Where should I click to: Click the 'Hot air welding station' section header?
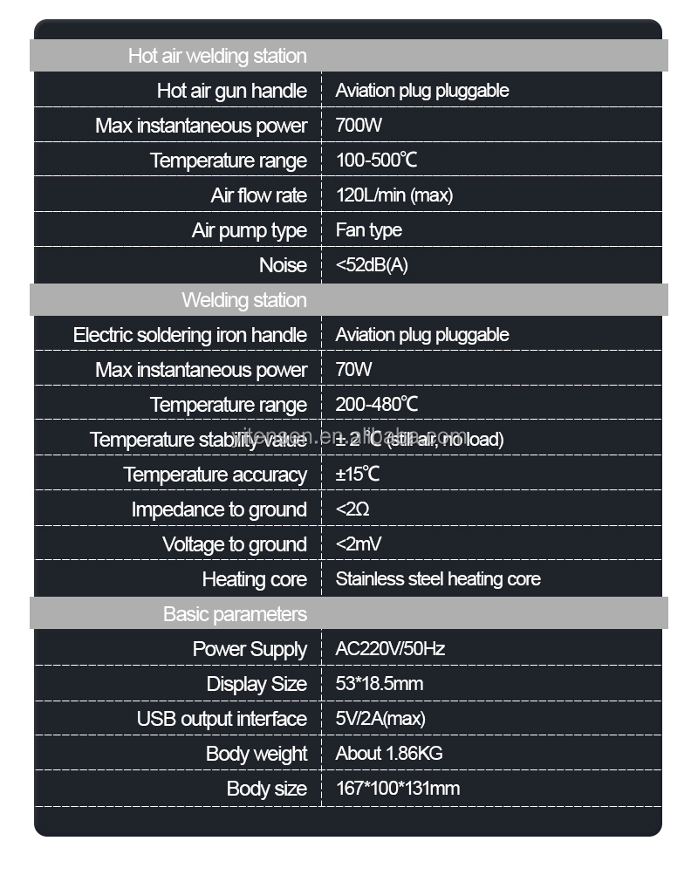coord(217,56)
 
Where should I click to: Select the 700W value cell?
coord(359,126)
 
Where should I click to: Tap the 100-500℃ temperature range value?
coord(377,161)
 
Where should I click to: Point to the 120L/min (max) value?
coord(393,195)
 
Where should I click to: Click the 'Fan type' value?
coord(368,230)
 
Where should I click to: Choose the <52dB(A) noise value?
coord(371,265)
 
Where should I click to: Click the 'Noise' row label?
coord(283,265)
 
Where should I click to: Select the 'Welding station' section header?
coord(244,300)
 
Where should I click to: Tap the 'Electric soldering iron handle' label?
coord(189,335)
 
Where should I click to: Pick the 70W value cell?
coord(353,370)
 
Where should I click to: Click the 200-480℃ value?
coord(377,405)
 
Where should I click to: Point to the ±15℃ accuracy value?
coord(358,475)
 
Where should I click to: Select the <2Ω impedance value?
coord(352,509)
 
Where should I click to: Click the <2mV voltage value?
coord(359,544)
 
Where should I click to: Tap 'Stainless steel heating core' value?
coord(438,579)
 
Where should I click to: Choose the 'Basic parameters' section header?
coord(235,614)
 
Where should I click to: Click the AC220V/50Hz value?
coord(390,649)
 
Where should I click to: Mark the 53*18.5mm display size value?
coord(380,684)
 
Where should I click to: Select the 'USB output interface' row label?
coord(222,719)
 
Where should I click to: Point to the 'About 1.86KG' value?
coord(389,754)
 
